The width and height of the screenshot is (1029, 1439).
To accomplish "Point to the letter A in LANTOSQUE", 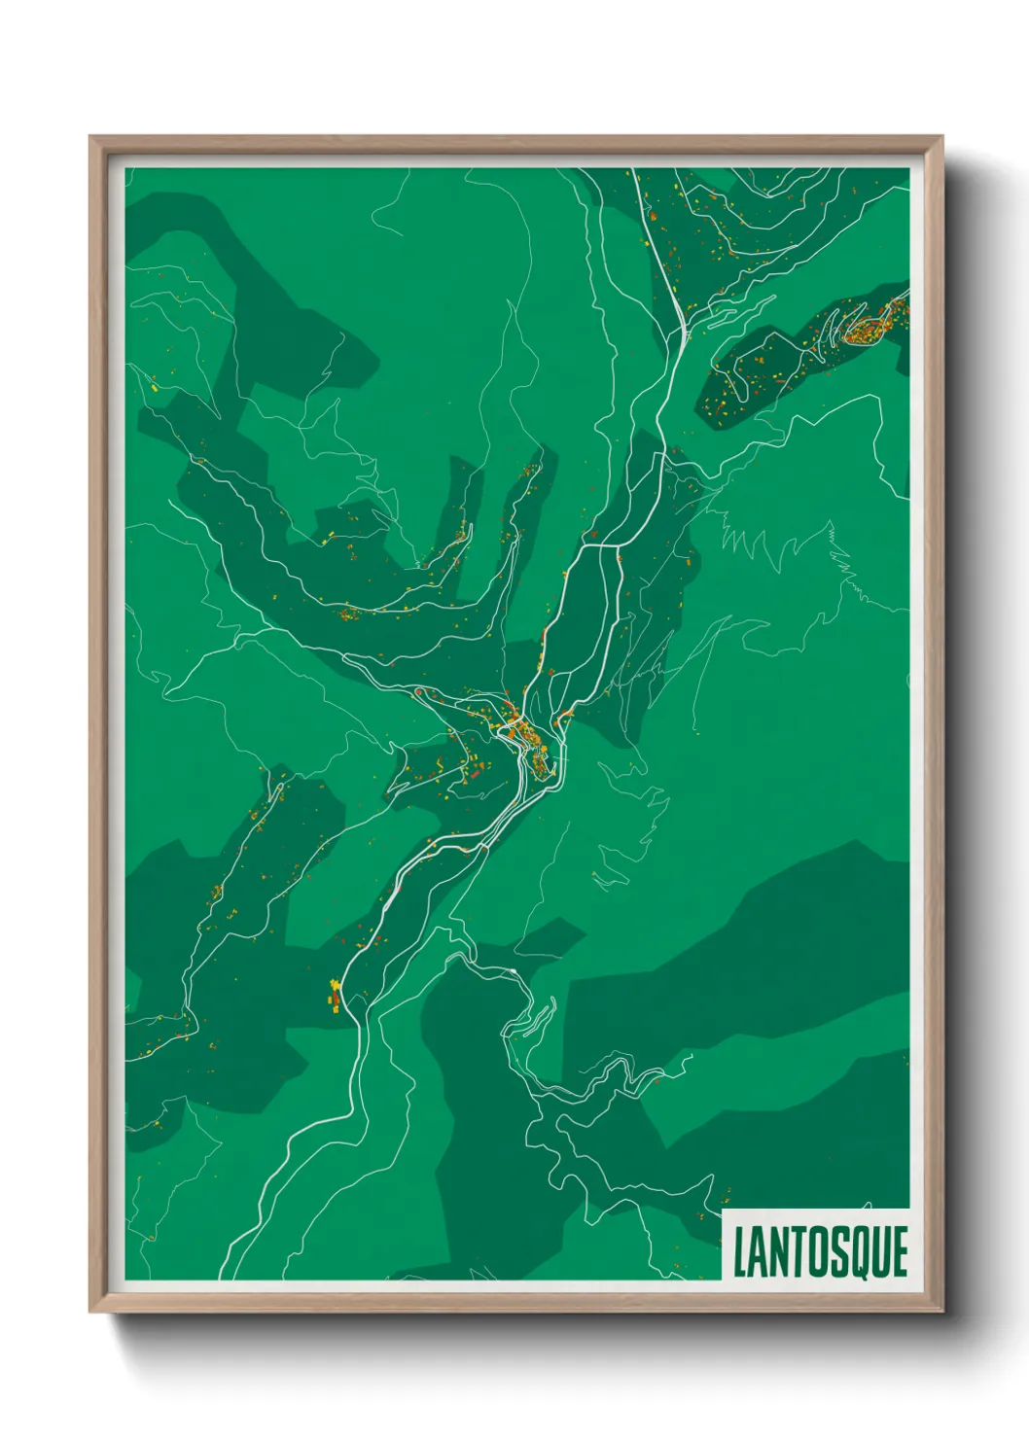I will click(x=758, y=1252).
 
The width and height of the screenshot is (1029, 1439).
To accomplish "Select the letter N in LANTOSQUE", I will click(x=778, y=1252).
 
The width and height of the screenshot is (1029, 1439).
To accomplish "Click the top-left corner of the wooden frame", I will click(x=91, y=138).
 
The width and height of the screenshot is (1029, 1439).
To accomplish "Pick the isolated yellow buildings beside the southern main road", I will click(x=336, y=995).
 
